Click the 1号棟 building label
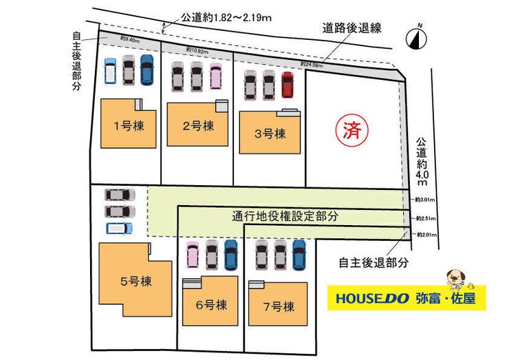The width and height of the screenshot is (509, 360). coord(129,125)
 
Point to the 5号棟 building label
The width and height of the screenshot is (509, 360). coord(136,281)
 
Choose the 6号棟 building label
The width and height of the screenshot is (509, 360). coord(209,304)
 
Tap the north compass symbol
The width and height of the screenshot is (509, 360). coord(415,39)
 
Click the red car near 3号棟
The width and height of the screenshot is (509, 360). coord(288,85)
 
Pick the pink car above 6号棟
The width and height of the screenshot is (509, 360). coord(193,255)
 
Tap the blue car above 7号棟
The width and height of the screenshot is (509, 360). coord(299,254)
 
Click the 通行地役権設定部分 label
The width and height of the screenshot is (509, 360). coord(285,216)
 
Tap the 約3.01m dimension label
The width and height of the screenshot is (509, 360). coord(426,200)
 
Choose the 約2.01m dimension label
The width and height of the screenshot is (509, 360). coord(426,235)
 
